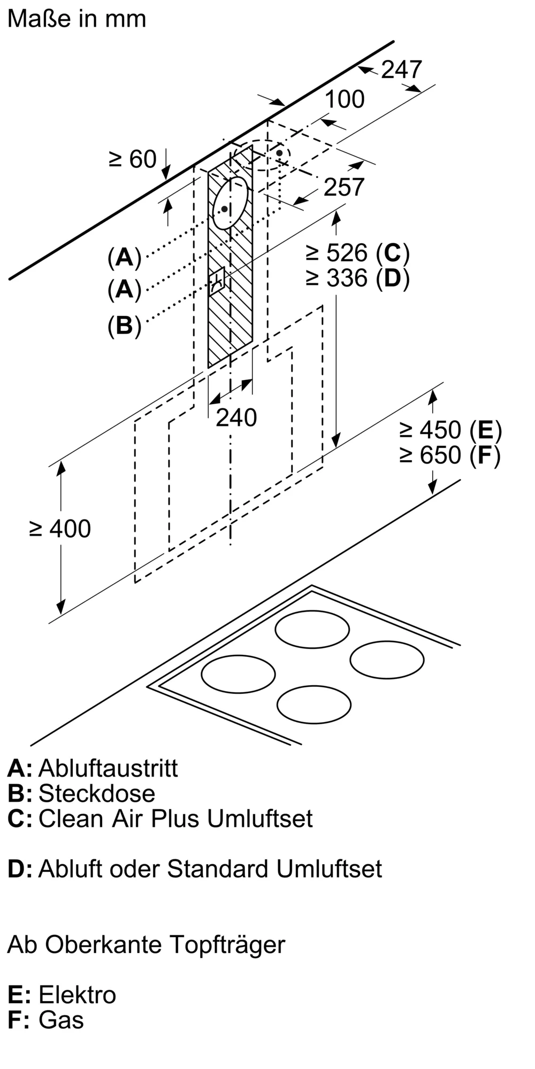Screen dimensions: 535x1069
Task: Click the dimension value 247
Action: tap(401, 70)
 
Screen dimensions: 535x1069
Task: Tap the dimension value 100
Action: tap(345, 99)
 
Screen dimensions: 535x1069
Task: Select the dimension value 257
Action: tap(343, 187)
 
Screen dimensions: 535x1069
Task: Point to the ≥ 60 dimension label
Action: tap(133, 159)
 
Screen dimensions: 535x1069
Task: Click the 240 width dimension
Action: tap(236, 417)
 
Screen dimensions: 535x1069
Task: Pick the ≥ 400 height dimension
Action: tap(60, 529)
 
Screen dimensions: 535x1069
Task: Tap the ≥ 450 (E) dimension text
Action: tap(450, 430)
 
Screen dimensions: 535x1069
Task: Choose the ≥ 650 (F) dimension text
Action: tap(450, 455)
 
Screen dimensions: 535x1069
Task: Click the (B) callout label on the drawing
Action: tap(124, 326)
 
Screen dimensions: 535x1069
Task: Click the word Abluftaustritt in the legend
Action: tap(108, 768)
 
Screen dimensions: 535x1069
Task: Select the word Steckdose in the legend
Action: tap(97, 793)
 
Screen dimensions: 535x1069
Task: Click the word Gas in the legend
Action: tap(61, 1020)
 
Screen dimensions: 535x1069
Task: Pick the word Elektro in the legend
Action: tap(77, 995)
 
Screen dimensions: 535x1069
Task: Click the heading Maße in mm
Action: tap(77, 19)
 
